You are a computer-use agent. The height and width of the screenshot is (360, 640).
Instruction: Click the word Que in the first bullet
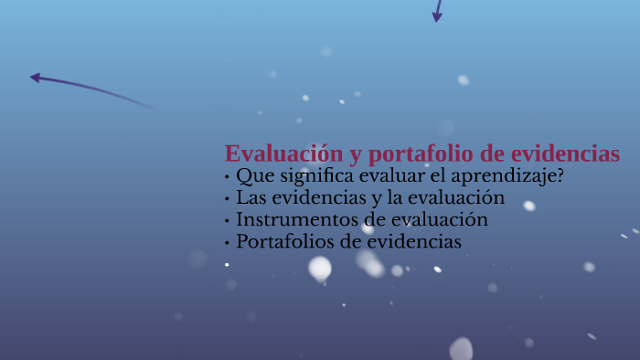pos(252,175)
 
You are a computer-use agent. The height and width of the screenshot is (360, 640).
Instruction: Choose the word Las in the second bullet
pos(251,197)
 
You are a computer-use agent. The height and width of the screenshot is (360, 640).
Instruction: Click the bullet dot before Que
pos(227,176)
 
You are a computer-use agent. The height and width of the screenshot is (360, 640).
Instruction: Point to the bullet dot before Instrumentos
pos(227,220)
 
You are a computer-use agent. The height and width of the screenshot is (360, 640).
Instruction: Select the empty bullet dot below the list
pos(227,264)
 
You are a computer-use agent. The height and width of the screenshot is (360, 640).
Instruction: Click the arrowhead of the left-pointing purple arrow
pos(35,78)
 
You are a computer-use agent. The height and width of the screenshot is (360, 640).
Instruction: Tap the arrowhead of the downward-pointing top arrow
pos(437,17)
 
